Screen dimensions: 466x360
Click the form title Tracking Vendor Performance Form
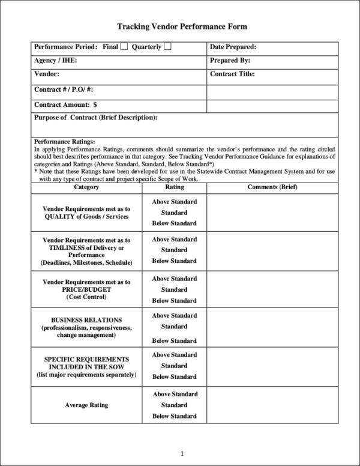[x=181, y=27]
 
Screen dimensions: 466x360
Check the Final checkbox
[x=124, y=47]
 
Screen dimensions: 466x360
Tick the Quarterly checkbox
[x=167, y=47]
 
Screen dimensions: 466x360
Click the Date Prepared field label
[x=233, y=47]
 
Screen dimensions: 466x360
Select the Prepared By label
[x=230, y=61]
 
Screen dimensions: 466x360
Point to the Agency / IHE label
[x=56, y=61]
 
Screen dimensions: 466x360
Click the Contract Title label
[x=233, y=74]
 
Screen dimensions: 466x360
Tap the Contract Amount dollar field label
[x=66, y=104]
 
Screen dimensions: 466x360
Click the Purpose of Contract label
[x=96, y=118]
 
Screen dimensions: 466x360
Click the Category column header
[x=86, y=187]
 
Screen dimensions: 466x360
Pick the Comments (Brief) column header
[x=272, y=187]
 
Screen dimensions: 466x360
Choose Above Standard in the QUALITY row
[x=174, y=202]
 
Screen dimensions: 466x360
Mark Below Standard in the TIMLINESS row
[x=174, y=261]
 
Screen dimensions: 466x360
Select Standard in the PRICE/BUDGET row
[x=174, y=289]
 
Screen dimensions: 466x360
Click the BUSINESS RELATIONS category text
[x=86, y=320]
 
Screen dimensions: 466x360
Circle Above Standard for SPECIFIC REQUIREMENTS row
[x=174, y=355]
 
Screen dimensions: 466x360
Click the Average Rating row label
[x=86, y=405]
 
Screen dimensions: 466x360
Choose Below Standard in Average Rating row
[x=174, y=416]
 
